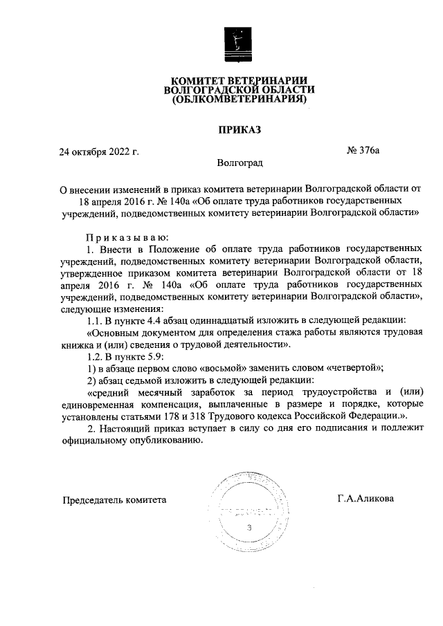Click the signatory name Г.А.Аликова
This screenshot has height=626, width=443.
366,498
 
